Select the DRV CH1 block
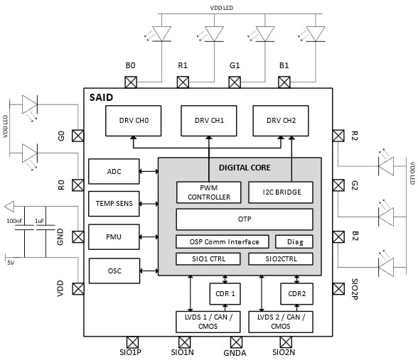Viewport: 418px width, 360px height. click(x=209, y=121)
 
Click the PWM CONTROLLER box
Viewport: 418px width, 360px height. click(x=208, y=192)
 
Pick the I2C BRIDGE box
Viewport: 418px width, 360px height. click(x=280, y=192)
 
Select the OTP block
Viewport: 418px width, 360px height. click(x=245, y=219)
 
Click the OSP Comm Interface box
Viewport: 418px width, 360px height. click(x=223, y=241)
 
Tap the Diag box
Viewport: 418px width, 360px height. click(x=294, y=241)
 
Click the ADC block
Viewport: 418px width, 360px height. click(x=114, y=171)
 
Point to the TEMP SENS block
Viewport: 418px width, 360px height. click(x=114, y=203)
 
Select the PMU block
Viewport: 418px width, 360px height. click(x=114, y=236)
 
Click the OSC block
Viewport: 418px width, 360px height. click(x=114, y=271)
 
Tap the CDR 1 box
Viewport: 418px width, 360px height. click(x=225, y=293)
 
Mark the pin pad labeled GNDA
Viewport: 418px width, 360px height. click(x=235, y=342)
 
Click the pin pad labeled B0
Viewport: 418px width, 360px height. click(x=131, y=81)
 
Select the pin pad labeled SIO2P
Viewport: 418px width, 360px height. click(x=338, y=289)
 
